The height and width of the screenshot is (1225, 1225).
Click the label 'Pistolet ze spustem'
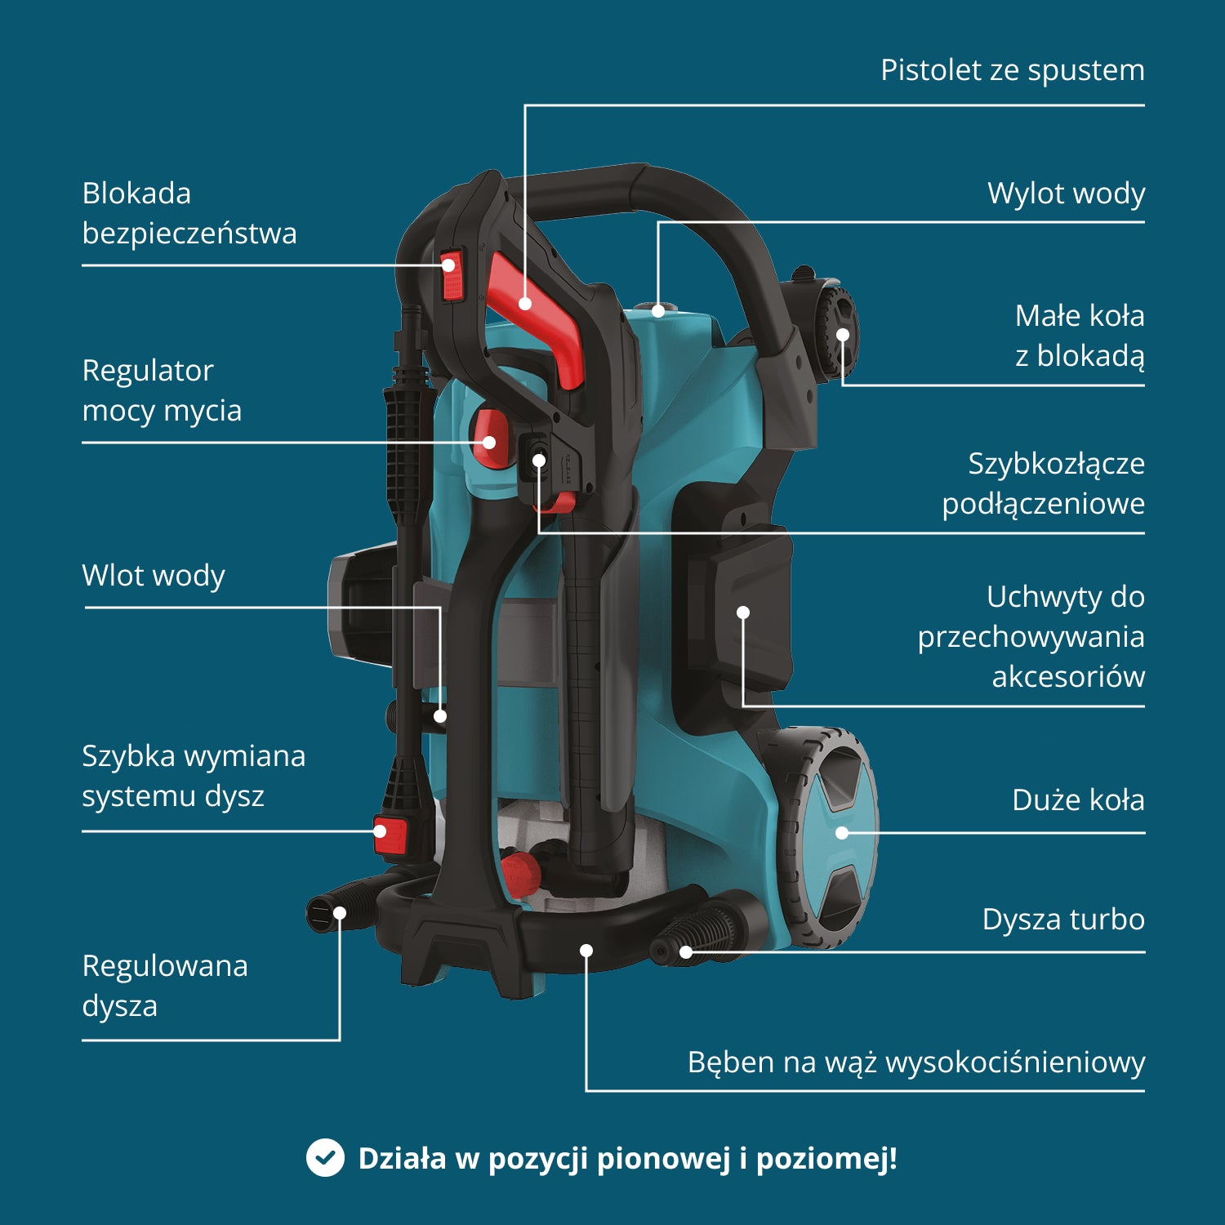coord(1012,70)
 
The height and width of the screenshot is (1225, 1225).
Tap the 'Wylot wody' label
coord(1066,194)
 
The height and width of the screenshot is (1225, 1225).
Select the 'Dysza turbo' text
coord(1063,920)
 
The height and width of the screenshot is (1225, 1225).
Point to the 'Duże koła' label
coord(1078,800)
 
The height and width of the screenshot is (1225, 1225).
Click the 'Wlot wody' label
coord(154,576)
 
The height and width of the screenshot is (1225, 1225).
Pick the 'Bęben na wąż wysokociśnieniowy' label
coord(915,1062)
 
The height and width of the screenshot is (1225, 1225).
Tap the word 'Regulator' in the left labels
coord(148,371)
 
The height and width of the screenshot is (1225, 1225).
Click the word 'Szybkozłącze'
coord(1056,464)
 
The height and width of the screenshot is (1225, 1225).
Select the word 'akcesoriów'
coord(1068,677)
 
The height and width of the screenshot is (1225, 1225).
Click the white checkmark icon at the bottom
coord(325,1158)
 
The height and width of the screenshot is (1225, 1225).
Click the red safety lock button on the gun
coord(452,276)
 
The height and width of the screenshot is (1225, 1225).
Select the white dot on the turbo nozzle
coord(686,951)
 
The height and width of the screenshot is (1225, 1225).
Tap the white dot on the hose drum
coord(586,951)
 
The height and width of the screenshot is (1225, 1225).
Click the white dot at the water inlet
coord(440,716)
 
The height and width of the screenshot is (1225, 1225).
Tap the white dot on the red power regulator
coord(489,443)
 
